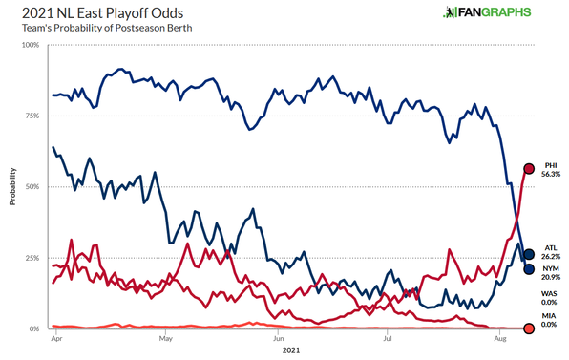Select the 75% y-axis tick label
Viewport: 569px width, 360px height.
(x=32, y=116)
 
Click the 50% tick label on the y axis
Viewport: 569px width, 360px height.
(x=32, y=187)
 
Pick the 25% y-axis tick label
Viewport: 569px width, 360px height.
(x=32, y=258)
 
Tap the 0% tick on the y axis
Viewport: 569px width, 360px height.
(x=34, y=328)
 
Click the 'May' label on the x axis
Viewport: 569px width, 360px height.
(x=166, y=338)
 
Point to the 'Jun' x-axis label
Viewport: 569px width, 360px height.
(x=278, y=338)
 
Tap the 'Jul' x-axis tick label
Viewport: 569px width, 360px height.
(x=388, y=338)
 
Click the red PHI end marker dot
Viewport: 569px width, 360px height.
(x=529, y=169)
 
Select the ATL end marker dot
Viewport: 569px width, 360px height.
(x=529, y=254)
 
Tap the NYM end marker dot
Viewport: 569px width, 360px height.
(x=529, y=269)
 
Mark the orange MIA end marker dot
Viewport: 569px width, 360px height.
(x=529, y=328)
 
